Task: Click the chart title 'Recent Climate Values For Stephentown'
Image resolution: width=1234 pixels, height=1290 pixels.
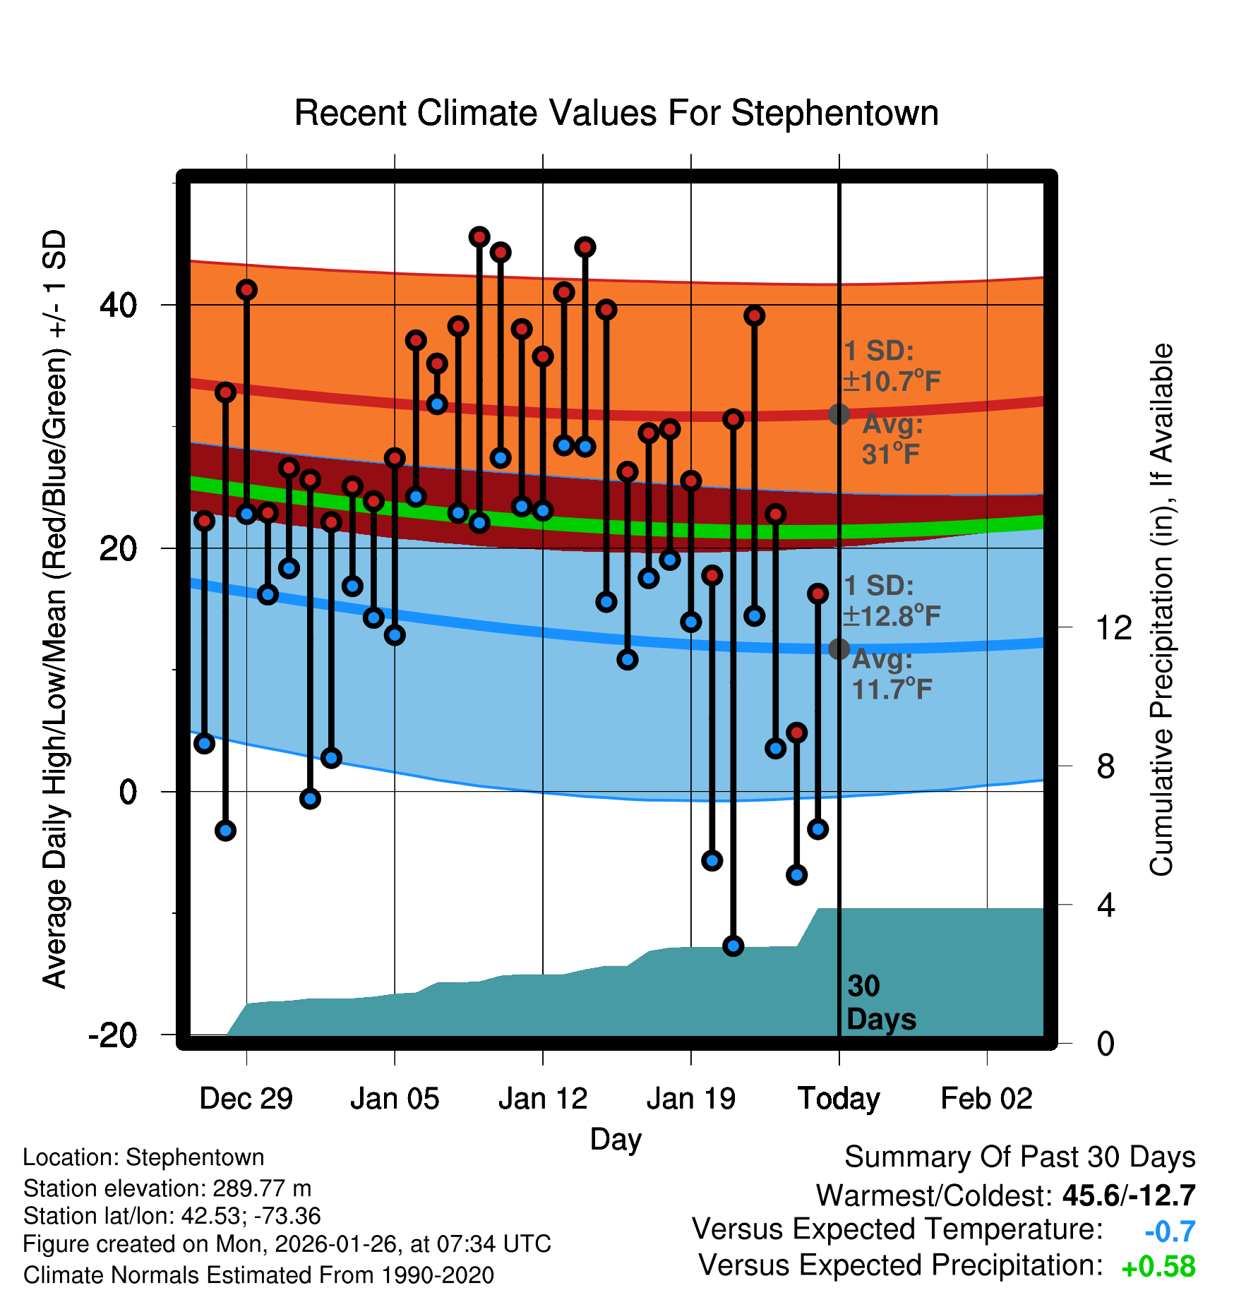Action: (x=616, y=113)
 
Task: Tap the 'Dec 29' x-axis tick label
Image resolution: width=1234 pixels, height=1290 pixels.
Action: (x=246, y=1099)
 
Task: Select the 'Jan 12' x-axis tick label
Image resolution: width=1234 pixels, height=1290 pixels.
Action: (x=542, y=1099)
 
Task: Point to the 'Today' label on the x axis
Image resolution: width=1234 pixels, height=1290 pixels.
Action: (x=839, y=1099)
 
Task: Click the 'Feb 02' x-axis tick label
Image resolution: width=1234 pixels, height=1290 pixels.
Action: (x=986, y=1099)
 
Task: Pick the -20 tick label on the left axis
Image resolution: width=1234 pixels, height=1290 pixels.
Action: (x=113, y=1035)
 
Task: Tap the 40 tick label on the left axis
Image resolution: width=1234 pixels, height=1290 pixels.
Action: (x=119, y=305)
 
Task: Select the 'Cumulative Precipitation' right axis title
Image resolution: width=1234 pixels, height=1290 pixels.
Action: (x=1161, y=610)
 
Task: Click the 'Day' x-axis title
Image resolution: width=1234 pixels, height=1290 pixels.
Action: (x=616, y=1139)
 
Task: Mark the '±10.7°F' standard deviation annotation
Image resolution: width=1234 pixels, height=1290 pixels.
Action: (x=892, y=381)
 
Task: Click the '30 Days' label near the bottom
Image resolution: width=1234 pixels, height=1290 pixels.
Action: (x=880, y=1003)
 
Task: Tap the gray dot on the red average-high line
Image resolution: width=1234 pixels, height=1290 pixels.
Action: (x=839, y=414)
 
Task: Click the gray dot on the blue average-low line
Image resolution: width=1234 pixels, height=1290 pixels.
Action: (x=839, y=649)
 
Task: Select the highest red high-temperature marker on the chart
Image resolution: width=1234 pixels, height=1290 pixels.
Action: (x=479, y=236)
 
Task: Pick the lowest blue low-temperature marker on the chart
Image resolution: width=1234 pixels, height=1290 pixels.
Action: (x=733, y=946)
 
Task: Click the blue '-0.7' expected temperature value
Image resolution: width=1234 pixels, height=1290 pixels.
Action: (x=1170, y=1231)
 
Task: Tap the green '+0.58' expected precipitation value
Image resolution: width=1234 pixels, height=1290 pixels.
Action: (x=1158, y=1267)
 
